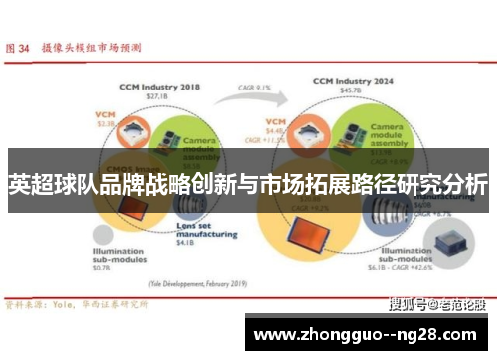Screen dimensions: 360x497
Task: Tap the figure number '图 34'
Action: (19, 47)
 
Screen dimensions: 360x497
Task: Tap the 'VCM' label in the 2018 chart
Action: (104, 115)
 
